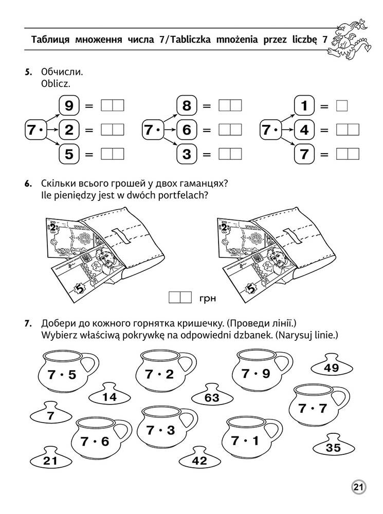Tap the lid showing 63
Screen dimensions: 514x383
[211, 396]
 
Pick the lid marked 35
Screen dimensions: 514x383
[333, 447]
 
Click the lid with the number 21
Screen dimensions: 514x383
[50, 460]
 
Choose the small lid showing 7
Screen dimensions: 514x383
[50, 415]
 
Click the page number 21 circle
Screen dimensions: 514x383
[358, 487]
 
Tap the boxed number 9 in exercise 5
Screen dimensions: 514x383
[69, 106]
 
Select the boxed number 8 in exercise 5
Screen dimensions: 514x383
[187, 106]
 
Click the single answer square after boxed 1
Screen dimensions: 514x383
[341, 106]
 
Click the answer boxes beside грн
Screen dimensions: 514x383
[180, 297]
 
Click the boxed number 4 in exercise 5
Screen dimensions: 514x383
[304, 130]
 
